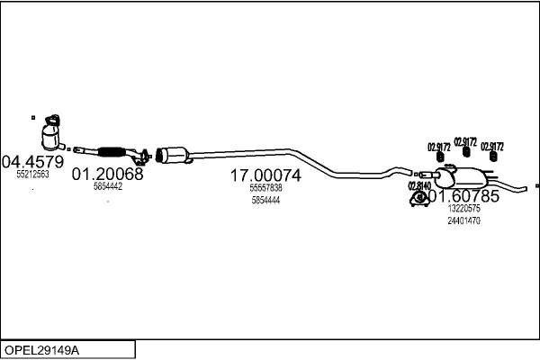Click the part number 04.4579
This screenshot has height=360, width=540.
click(33, 162)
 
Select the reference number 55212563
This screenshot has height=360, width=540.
click(33, 175)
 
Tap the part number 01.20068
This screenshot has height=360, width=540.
click(107, 174)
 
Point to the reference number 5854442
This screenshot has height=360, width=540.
click(107, 186)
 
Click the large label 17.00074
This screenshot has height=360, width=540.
click(265, 175)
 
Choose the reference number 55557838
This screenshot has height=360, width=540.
click(265, 188)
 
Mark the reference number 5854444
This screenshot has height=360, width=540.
click(265, 201)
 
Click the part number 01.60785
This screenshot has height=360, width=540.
click(464, 195)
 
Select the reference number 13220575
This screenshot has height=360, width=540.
click(464, 209)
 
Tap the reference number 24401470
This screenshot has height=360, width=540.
click(464, 220)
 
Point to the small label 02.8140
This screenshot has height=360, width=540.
click(420, 185)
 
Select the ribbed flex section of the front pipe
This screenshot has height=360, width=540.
click(112, 151)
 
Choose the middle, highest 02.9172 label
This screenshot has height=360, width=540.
click(465, 140)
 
